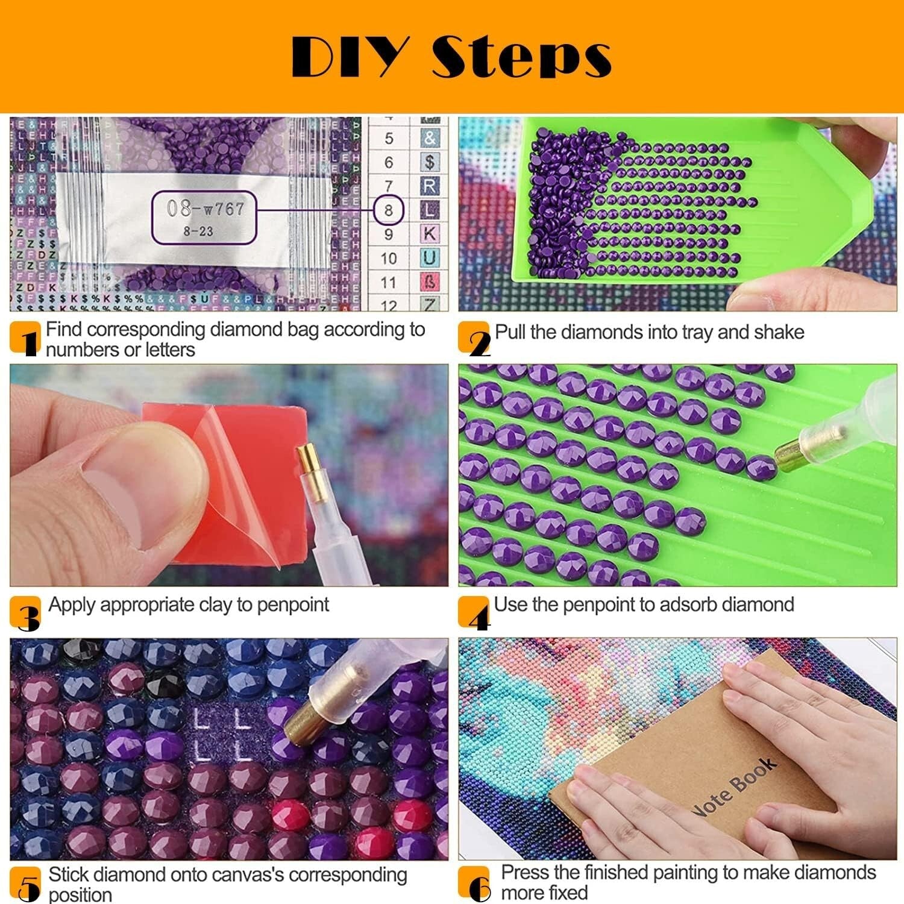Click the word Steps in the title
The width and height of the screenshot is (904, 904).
(522, 57)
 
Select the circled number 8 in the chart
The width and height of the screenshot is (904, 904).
(388, 210)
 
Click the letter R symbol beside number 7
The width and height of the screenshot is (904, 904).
(429, 186)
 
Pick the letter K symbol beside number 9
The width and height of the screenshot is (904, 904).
(429, 234)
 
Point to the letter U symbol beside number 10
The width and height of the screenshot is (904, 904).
(429, 258)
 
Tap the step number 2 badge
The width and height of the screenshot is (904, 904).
(475, 339)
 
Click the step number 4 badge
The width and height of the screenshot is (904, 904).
(475, 613)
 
